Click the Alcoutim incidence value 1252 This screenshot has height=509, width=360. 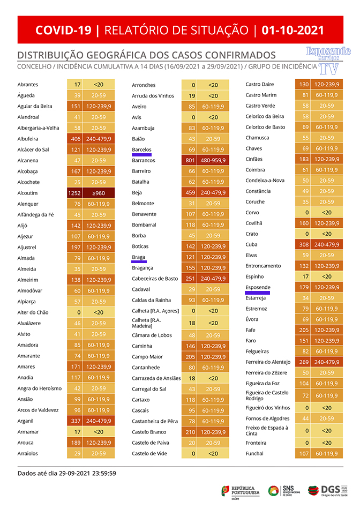tap(74, 193)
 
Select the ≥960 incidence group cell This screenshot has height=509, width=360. tap(99, 193)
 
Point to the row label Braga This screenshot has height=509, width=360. tap(138, 257)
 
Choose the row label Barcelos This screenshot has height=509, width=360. tap(141, 149)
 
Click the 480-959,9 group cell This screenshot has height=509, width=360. tap(213, 160)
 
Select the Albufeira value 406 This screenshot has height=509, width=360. tap(76, 139)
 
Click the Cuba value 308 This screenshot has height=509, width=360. tap(304, 244)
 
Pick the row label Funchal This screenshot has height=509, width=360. tap(254, 453)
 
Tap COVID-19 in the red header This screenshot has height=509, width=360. tap(64, 30)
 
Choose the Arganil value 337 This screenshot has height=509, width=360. tap(76, 421)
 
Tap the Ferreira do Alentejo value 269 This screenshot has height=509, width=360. tap(304, 362)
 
